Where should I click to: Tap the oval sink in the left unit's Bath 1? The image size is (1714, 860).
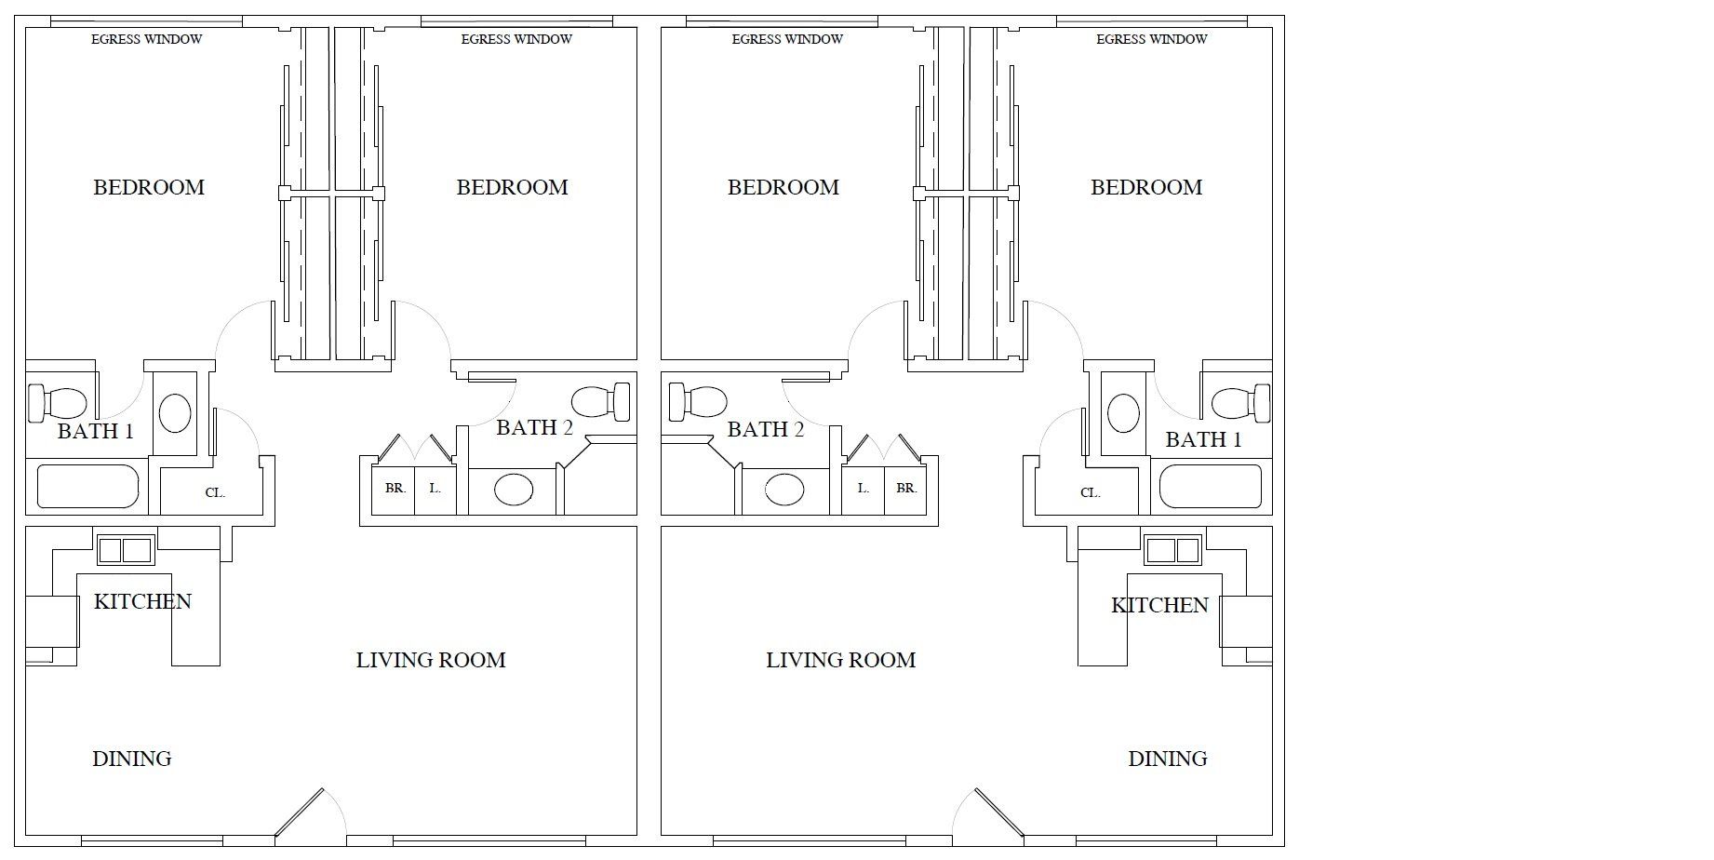(x=175, y=412)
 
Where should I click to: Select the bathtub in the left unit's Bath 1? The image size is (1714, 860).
(x=87, y=486)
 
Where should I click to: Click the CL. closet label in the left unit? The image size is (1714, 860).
(x=215, y=492)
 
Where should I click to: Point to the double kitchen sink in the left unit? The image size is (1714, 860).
(x=125, y=550)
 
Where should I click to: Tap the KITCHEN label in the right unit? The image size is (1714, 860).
(x=1159, y=605)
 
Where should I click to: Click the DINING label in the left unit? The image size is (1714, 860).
(x=132, y=759)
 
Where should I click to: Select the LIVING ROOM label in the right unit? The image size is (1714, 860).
(x=840, y=660)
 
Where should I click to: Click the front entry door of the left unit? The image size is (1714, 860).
(x=300, y=813)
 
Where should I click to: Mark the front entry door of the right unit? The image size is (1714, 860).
(x=998, y=813)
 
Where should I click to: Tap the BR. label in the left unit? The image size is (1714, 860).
(x=395, y=488)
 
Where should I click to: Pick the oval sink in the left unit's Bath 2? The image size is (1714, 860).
(x=514, y=489)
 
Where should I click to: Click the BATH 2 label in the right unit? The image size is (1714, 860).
(x=766, y=429)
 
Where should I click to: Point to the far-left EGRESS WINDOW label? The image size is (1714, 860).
(x=146, y=39)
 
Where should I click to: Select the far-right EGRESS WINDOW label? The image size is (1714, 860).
(x=1151, y=39)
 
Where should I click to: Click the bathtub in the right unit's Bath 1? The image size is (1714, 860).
(x=1211, y=486)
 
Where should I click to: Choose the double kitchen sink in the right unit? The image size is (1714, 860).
(x=1173, y=550)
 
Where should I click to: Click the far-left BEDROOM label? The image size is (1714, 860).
(x=149, y=187)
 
